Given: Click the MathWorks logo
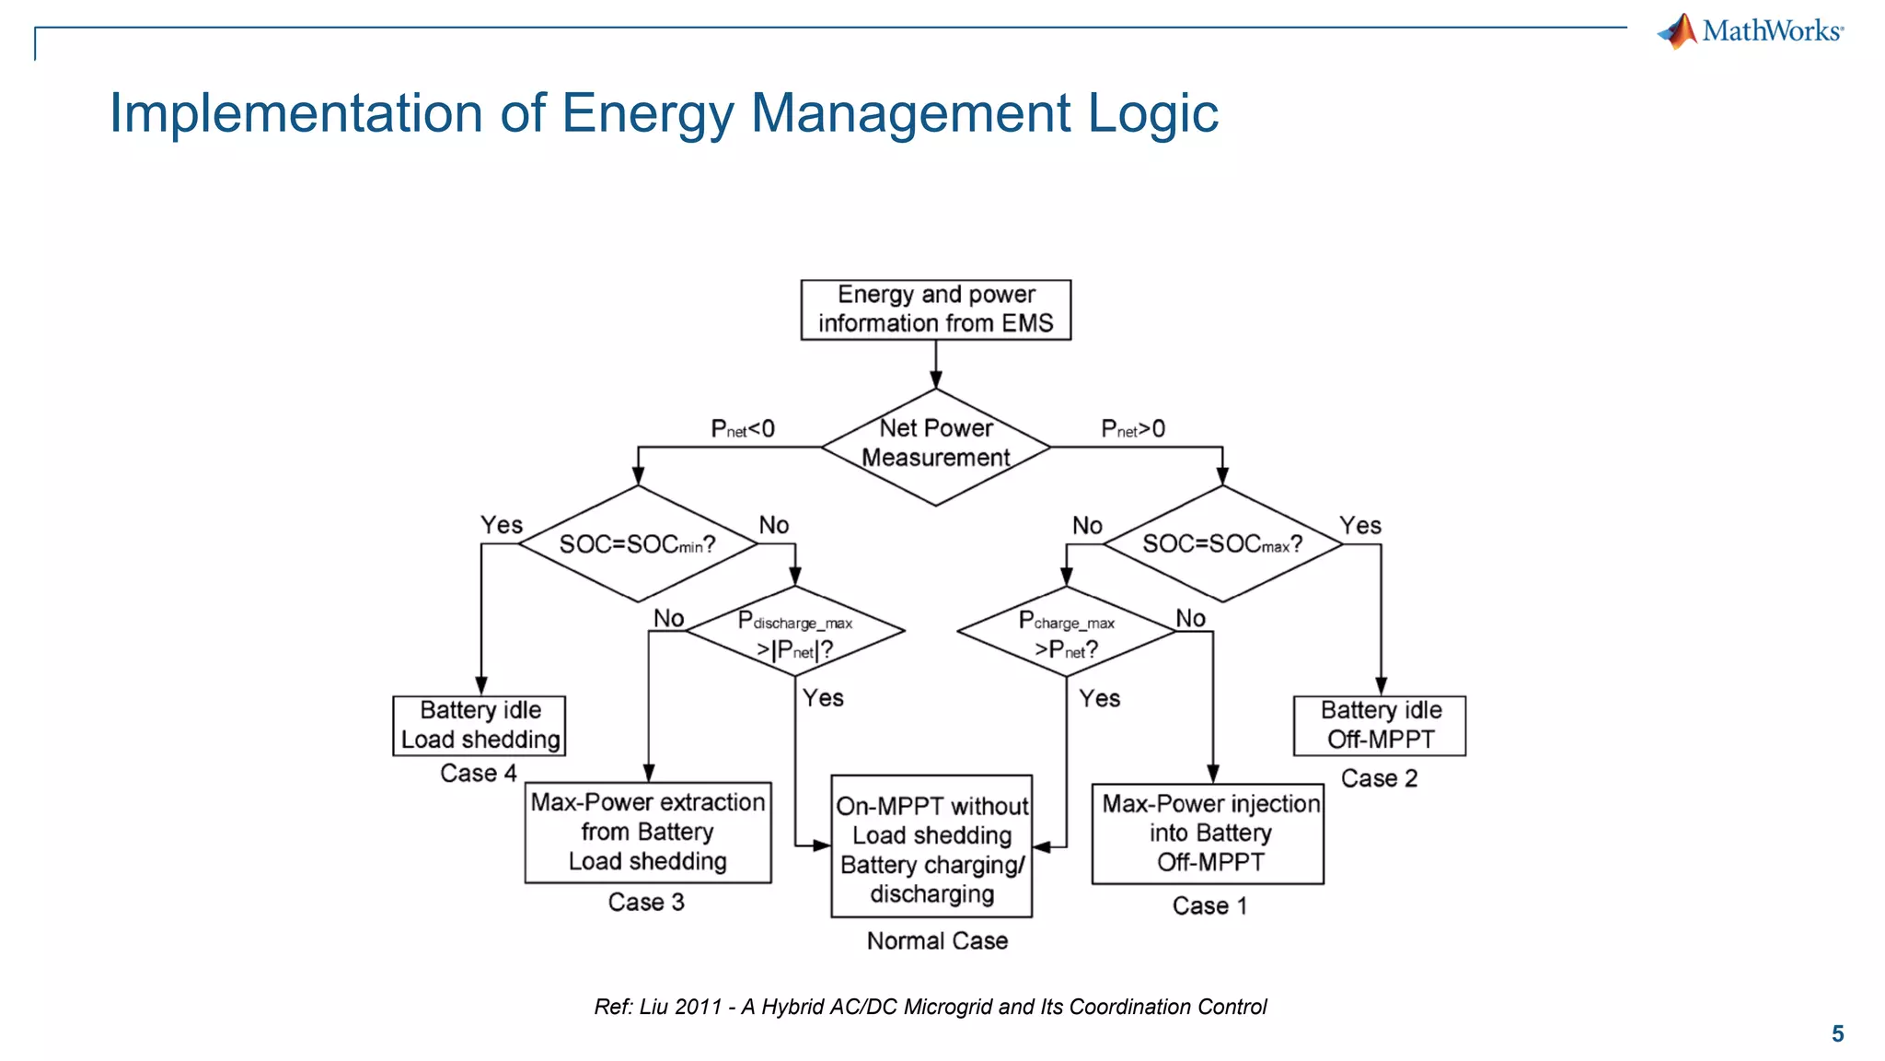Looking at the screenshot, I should tap(1750, 31).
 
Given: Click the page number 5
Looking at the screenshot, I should tap(1837, 1033).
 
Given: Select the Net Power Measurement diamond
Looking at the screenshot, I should tap(935, 447).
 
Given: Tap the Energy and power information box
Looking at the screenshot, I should tap(935, 309).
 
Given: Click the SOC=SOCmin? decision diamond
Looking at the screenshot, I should tap(637, 544).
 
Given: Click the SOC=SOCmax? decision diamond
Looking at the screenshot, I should tap(1222, 544).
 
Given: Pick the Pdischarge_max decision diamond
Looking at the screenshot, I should tap(795, 633).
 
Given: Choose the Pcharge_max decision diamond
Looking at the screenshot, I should tap(1066, 633).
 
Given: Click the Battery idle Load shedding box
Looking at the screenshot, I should tap(479, 726).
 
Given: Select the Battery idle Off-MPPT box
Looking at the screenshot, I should tap(1379, 726).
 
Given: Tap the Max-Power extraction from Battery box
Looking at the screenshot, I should tap(648, 833).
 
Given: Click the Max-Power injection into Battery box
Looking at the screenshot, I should tap(1208, 834).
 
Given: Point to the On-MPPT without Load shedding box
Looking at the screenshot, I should tap(931, 845).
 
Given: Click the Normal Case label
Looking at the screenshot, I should tap(937, 941).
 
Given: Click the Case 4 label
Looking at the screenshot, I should tap(478, 774).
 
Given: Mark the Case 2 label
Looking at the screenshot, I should tap(1379, 779).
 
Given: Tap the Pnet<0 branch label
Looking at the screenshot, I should tap(742, 429).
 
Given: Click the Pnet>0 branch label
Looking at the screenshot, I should tap(1133, 429).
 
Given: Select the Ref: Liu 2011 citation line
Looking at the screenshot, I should tap(930, 1007).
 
